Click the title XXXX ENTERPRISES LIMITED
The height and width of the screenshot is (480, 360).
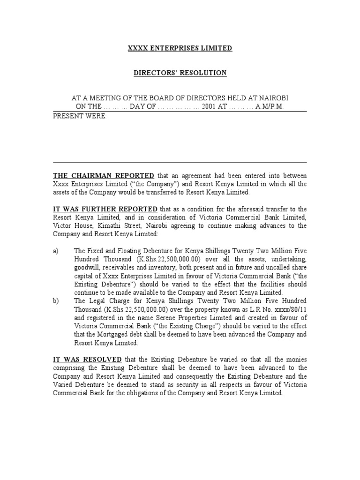tap(180, 48)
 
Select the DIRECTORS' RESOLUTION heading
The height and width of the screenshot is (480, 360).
tap(180, 73)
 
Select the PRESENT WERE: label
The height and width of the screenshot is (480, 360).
tap(80, 116)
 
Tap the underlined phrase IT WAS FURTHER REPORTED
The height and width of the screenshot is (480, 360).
tap(105, 209)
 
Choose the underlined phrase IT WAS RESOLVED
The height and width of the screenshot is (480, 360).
tap(87, 360)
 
